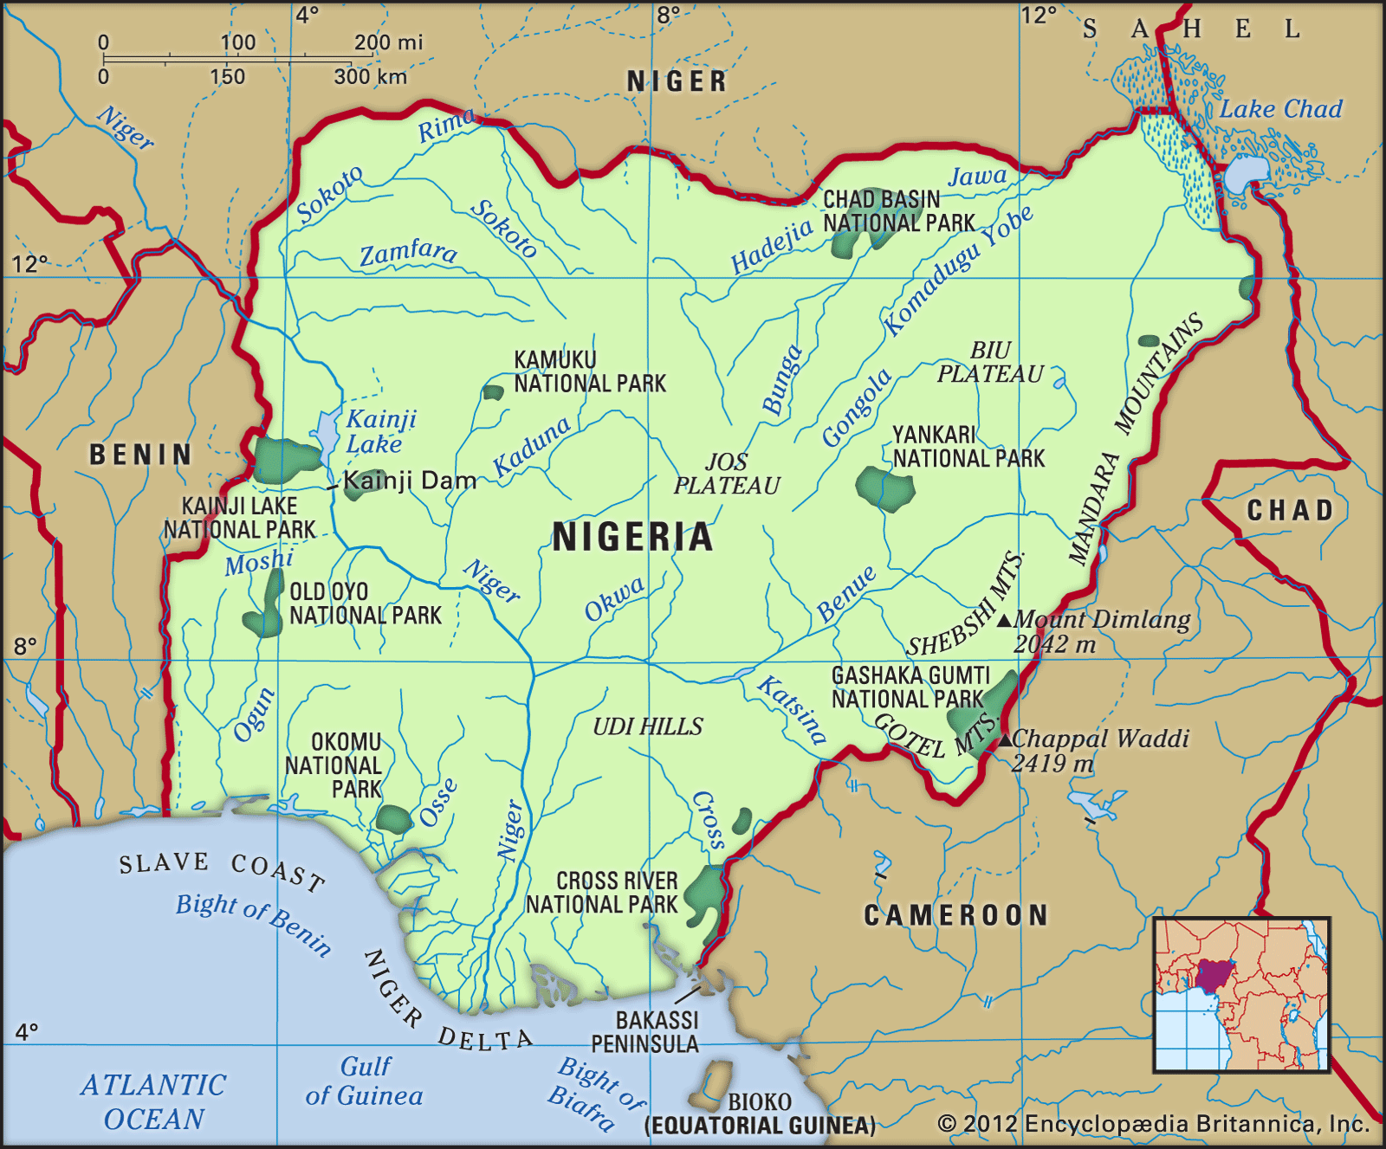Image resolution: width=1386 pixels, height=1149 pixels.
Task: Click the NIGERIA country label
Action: pyautogui.click(x=632, y=537)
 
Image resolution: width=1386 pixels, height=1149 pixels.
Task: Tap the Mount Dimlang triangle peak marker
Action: pyautogui.click(x=1004, y=620)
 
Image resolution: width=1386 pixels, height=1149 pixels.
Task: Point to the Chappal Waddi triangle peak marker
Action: pyautogui.click(x=1005, y=739)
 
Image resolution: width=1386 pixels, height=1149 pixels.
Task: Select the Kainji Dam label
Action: pyautogui.click(x=410, y=481)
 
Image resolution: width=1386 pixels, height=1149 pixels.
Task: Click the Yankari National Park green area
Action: pyautogui.click(x=884, y=488)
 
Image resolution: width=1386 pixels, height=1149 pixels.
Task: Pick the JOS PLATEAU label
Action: pyautogui.click(x=727, y=474)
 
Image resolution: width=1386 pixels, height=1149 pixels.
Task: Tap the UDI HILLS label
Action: pyautogui.click(x=648, y=726)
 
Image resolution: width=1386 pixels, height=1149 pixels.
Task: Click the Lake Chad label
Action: pyautogui.click(x=1280, y=109)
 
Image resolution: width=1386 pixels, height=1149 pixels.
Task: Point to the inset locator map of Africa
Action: pyautogui.click(x=1241, y=995)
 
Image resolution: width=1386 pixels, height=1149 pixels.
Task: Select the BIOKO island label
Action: pyautogui.click(x=759, y=1101)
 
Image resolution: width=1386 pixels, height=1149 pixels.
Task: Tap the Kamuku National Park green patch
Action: pyautogui.click(x=493, y=392)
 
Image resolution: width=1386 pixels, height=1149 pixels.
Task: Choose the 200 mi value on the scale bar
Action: pyautogui.click(x=388, y=42)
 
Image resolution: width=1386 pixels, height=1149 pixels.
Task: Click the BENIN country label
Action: pyautogui.click(x=141, y=455)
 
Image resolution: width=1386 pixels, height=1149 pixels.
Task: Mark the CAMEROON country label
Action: pyautogui.click(x=956, y=915)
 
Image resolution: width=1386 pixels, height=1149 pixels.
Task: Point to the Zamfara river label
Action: pyautogui.click(x=408, y=253)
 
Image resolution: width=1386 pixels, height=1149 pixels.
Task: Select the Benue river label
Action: pyautogui.click(x=846, y=594)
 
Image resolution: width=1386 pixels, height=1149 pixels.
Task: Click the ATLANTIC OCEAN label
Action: pyautogui.click(x=154, y=1101)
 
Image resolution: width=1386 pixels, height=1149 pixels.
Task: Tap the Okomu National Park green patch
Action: pyautogui.click(x=394, y=819)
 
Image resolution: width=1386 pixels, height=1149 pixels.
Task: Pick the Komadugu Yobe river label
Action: pyautogui.click(x=957, y=271)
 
